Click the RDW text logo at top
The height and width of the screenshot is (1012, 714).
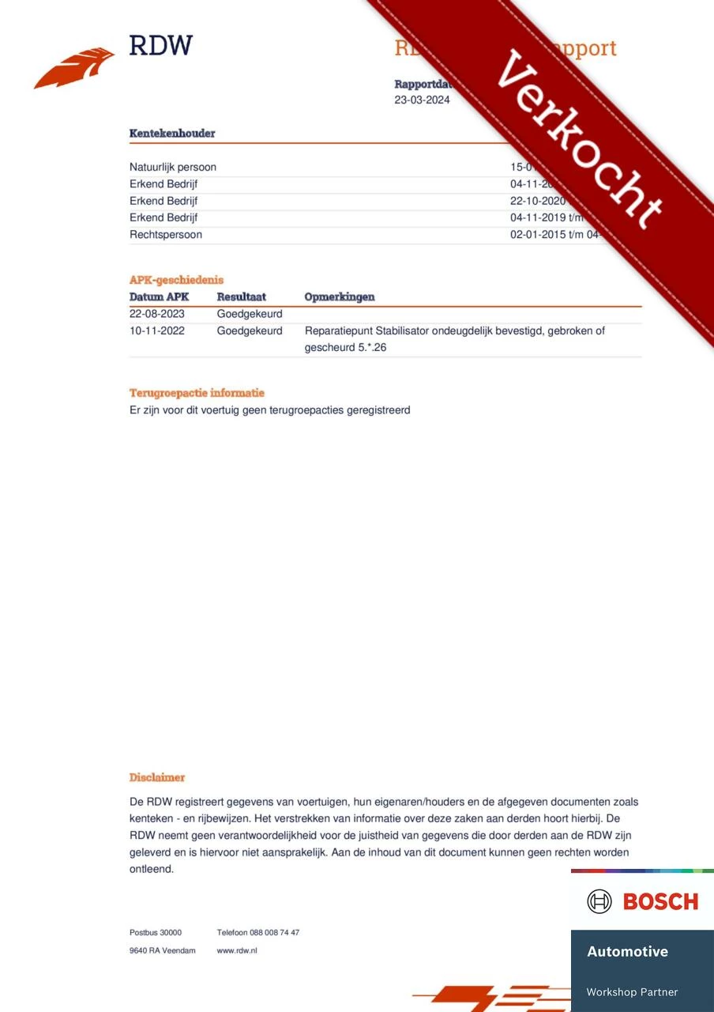pos(161,45)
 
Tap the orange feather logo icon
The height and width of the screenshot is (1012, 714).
pos(74,69)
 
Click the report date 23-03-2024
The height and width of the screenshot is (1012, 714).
pos(422,100)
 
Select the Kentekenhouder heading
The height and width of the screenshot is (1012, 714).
pos(172,134)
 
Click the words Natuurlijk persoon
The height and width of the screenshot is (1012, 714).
pos(173,167)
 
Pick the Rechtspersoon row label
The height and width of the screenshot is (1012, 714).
pos(166,235)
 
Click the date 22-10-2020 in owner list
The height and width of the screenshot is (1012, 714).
pos(538,201)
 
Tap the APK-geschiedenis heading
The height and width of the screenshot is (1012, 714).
pos(176,280)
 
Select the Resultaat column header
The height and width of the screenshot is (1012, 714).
pos(242,297)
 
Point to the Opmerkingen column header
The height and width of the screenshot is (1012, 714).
pos(340,297)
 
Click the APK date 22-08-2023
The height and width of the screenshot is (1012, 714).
pos(157,314)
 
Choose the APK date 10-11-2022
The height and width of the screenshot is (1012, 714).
pos(157,330)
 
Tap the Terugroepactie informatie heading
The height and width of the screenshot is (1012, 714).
pos(197,393)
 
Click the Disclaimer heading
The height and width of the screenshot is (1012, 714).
pos(157,778)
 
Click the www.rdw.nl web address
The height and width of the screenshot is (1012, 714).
pos(237,950)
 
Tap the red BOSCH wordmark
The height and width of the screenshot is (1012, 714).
pos(660,901)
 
